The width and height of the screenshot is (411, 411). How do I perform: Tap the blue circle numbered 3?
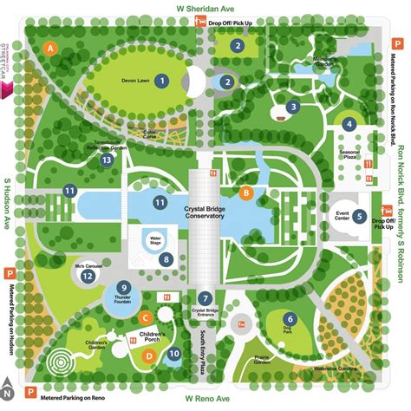(294, 107)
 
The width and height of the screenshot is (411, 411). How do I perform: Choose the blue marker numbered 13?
(106, 160)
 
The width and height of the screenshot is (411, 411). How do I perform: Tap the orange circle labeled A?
(51, 49)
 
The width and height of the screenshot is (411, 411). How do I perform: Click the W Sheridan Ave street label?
(205, 8)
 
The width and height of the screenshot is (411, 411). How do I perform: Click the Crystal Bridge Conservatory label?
(205, 210)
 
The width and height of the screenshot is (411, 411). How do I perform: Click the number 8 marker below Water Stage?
(166, 258)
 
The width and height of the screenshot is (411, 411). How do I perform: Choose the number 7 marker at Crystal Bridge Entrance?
(205, 299)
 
